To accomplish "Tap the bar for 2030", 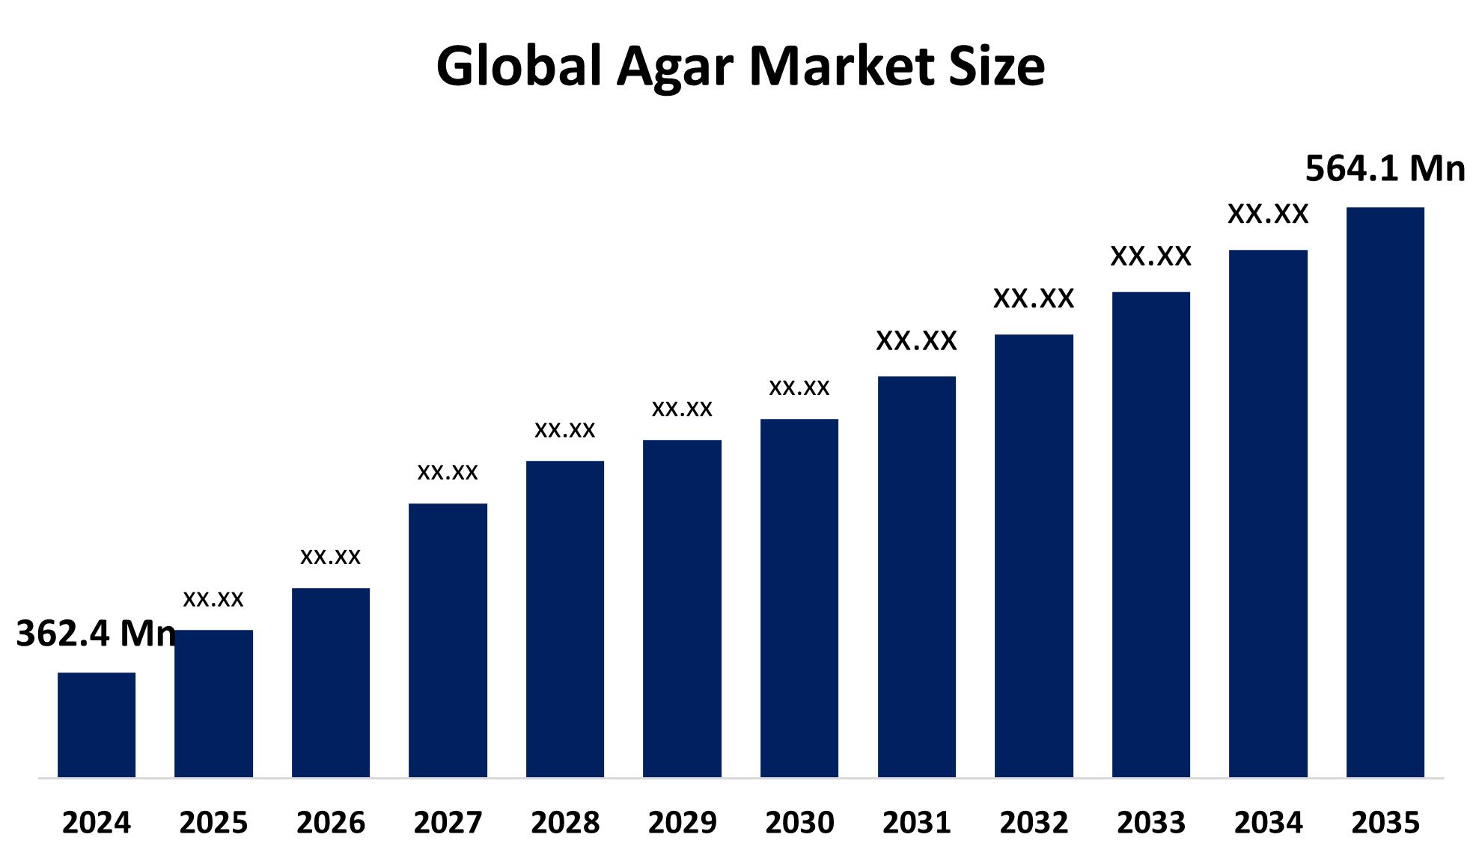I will [x=799, y=598].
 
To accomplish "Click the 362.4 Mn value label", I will [x=96, y=634].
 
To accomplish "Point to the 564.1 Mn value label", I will [x=1385, y=168].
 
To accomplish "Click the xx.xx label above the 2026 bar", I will [x=330, y=557].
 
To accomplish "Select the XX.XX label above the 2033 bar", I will [x=1150, y=257].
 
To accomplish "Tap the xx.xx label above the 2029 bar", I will [x=682, y=408].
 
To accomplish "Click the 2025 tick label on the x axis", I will [x=213, y=823].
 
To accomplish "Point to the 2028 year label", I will [x=565, y=823].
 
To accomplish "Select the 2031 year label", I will [x=917, y=823].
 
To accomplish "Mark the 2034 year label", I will [x=1268, y=823].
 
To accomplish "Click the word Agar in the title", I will [x=674, y=67].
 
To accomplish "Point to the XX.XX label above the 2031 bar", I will [x=916, y=341].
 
